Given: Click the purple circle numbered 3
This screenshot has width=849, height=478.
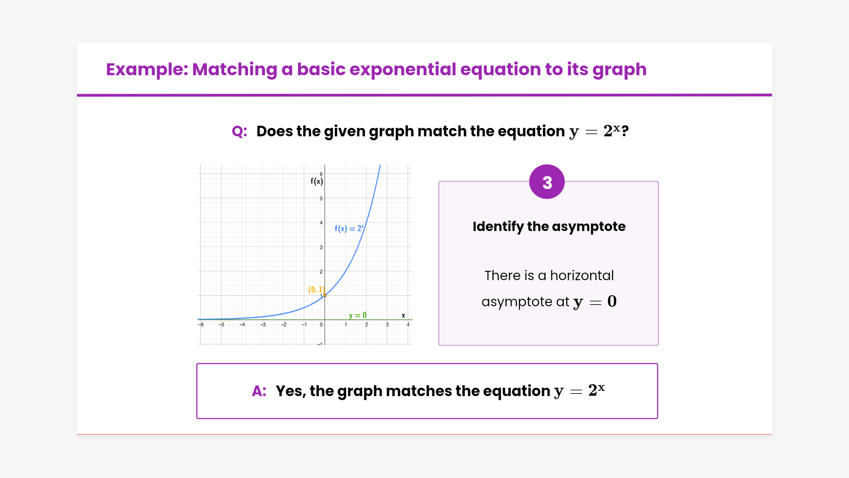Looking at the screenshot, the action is tap(547, 182).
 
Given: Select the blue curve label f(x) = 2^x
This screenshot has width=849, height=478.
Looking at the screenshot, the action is tap(349, 228).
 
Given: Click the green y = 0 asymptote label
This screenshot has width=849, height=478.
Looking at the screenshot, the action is tap(358, 315).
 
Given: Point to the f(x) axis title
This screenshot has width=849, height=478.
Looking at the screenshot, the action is tap(317, 181).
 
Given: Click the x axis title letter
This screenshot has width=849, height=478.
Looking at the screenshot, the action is tap(403, 316).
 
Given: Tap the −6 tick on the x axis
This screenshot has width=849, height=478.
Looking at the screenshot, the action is tap(201, 325).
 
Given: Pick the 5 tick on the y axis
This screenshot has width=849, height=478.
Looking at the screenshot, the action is tap(321, 198).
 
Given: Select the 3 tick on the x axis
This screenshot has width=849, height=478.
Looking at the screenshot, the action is tap(387, 325).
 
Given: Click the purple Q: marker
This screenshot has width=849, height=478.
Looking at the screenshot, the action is tap(239, 131).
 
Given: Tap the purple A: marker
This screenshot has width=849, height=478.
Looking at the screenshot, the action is tap(259, 391).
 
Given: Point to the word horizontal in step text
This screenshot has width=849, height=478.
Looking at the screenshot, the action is tap(582, 275).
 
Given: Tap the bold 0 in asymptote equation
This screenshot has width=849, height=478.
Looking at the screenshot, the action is tap(612, 301).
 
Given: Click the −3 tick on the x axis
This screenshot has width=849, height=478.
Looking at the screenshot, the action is tap(263, 325).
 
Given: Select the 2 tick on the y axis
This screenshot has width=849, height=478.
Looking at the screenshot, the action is tap(321, 271).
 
